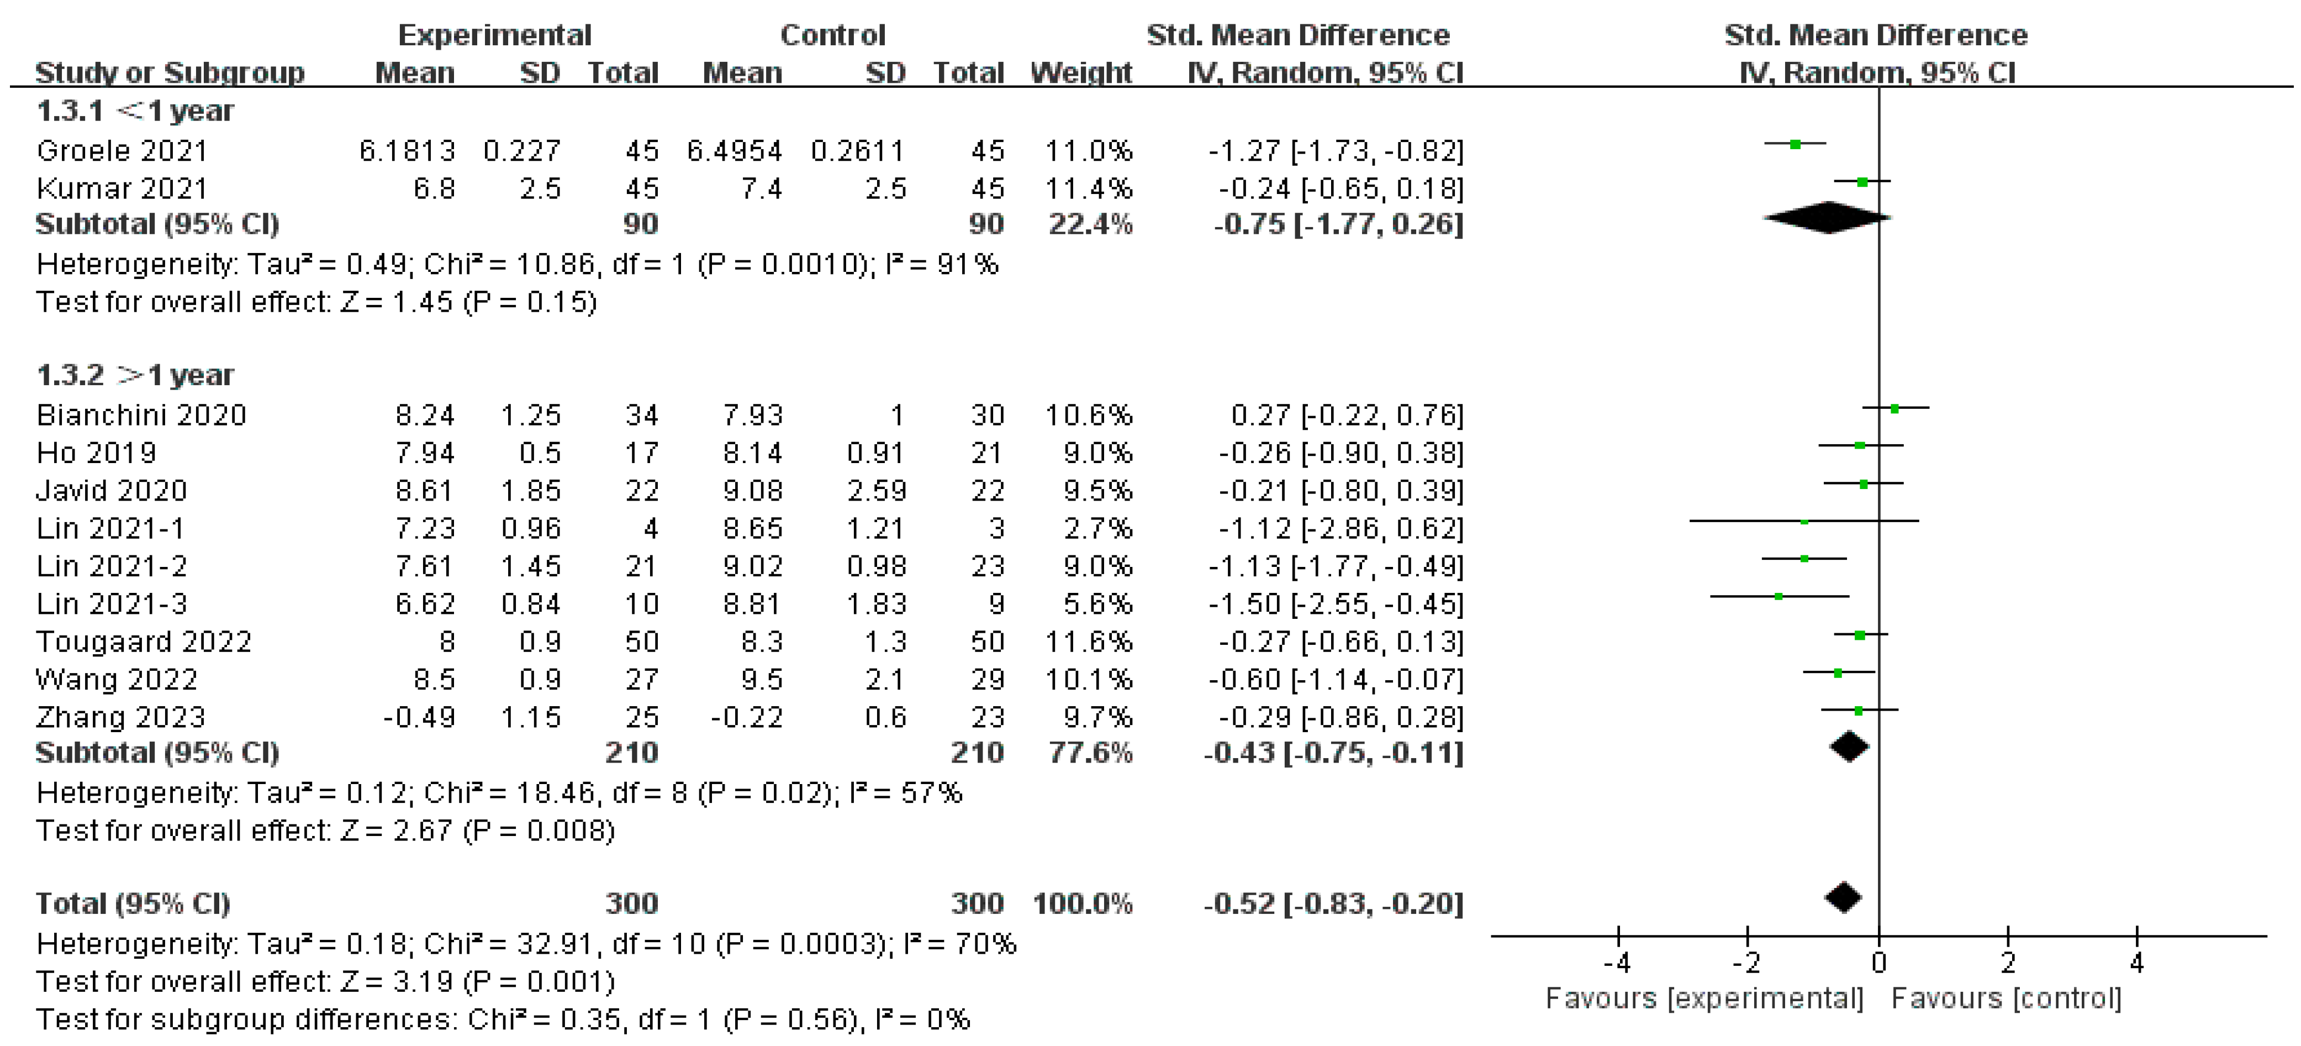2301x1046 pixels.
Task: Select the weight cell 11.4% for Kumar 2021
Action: pos(1088,188)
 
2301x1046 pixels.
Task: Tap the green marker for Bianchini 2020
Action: pos(1894,409)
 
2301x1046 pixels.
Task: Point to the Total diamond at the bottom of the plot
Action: pos(1844,898)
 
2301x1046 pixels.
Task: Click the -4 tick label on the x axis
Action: pos(1617,963)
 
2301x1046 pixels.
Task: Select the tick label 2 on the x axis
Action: pos(2007,963)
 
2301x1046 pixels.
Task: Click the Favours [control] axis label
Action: pos(2006,998)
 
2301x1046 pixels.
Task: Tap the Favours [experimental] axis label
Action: pos(1704,998)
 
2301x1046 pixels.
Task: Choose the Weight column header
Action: pos(1081,72)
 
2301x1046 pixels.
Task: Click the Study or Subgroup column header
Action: pos(170,72)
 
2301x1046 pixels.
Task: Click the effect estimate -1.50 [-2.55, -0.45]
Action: pos(1336,604)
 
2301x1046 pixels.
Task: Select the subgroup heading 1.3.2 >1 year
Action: pos(134,375)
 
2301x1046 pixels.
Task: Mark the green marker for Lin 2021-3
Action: pos(1778,596)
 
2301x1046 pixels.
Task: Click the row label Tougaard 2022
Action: pos(143,642)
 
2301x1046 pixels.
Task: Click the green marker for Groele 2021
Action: pos(1795,144)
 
